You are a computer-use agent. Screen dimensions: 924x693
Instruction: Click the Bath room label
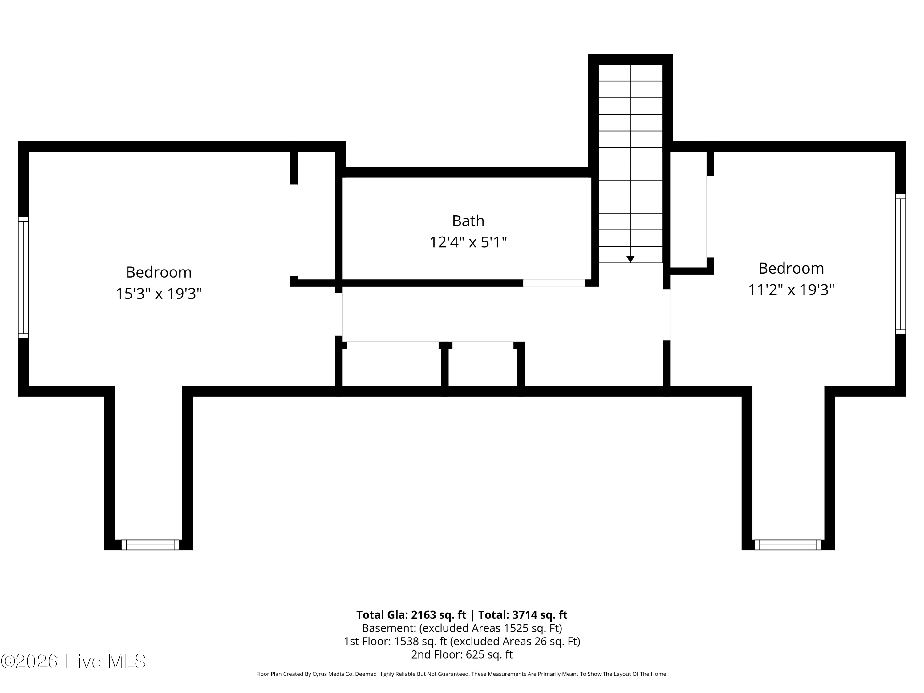[468, 221]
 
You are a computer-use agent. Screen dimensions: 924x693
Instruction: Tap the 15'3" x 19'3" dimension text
[159, 294]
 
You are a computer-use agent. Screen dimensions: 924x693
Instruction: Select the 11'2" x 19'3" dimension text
[791, 290]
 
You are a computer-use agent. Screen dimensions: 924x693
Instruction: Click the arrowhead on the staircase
[630, 259]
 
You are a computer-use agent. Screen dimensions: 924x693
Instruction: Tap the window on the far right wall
[900, 264]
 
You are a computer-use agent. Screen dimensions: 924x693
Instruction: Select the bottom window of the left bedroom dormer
[150, 545]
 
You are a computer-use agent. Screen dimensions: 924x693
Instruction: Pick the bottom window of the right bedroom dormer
[788, 545]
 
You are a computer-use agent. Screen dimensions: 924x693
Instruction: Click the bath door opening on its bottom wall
[554, 283]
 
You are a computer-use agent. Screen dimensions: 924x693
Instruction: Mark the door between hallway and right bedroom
[667, 314]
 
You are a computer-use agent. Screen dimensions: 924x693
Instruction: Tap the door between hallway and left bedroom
[339, 314]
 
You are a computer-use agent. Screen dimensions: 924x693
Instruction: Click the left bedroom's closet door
[294, 230]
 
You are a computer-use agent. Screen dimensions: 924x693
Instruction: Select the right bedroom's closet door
[710, 217]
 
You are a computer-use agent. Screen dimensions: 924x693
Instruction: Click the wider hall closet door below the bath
[393, 345]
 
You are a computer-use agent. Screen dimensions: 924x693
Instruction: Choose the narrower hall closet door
[483, 345]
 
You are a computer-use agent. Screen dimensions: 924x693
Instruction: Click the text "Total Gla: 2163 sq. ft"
[411, 615]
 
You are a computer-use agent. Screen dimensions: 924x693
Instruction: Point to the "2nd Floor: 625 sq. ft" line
[462, 654]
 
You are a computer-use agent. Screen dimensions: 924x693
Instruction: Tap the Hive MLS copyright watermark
[74, 661]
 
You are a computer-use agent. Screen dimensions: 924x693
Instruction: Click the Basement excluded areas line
[462, 628]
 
